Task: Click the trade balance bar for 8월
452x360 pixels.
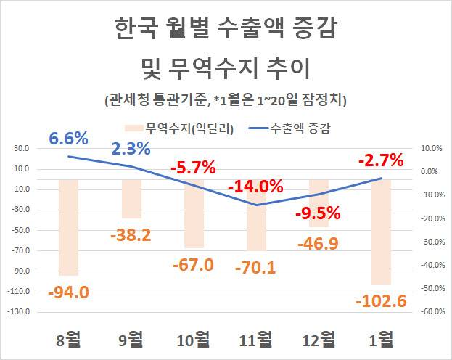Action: point(68,226)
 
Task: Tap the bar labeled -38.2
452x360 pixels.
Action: point(131,198)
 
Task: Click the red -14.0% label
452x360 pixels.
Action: point(255,187)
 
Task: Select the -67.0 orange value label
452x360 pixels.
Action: point(194,264)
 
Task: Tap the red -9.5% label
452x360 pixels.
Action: point(318,213)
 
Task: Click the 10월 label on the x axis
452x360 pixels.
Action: point(194,339)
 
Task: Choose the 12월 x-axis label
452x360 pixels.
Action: point(319,339)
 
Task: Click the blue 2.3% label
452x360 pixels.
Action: point(131,150)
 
